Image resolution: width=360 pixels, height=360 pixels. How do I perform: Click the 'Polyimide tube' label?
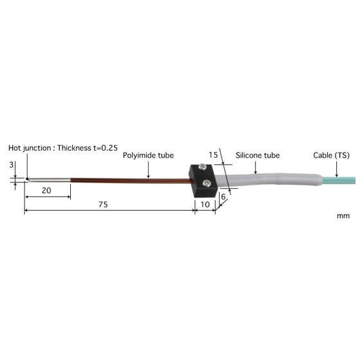point(148,155)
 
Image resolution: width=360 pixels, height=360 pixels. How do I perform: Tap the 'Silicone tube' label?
point(257,155)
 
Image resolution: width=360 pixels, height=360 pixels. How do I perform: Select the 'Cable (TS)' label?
point(331,155)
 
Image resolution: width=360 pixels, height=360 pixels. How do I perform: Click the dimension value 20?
point(46,190)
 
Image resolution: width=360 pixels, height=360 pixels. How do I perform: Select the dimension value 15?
point(213,155)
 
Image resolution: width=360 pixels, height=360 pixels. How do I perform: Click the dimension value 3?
point(11,165)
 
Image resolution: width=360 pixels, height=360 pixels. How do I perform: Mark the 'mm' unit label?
point(343,216)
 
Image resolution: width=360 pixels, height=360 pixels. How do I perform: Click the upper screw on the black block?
point(204,170)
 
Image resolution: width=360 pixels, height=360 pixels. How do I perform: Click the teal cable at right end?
point(341,172)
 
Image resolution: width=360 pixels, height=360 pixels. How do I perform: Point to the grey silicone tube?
point(270,176)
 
